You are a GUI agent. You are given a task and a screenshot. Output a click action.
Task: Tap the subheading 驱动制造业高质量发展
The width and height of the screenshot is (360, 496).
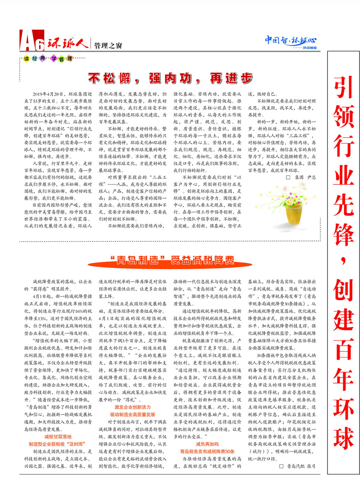(x=132, y=414)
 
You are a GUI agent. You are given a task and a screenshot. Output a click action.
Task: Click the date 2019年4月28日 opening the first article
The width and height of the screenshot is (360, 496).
(x=48, y=93)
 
